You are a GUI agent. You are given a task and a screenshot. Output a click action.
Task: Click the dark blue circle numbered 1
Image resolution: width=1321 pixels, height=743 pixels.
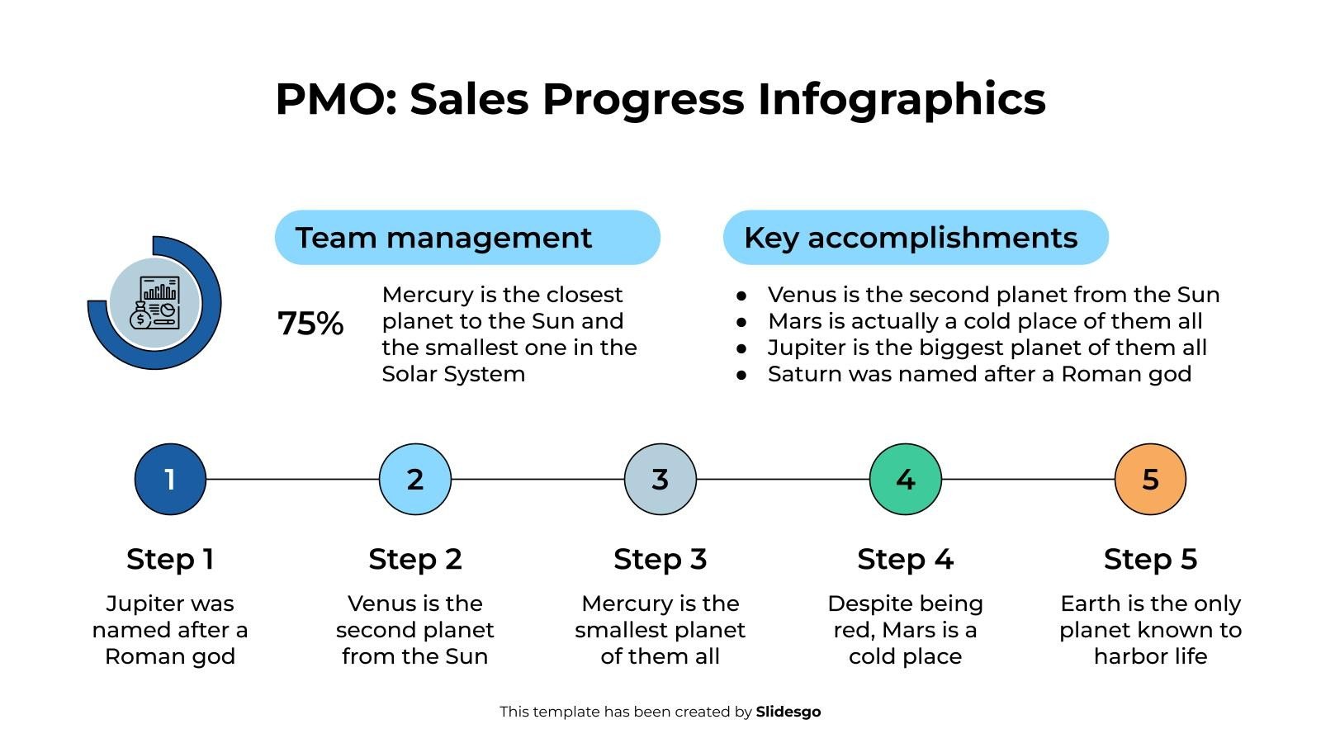170,479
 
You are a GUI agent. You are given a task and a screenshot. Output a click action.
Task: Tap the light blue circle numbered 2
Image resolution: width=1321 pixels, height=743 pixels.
415,479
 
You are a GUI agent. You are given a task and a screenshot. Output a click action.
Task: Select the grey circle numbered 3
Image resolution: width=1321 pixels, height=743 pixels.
660,479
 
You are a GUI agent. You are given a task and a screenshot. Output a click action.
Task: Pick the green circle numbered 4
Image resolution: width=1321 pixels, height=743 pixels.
906,479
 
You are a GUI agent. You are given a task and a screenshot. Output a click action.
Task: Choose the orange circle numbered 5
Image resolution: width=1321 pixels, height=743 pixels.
1150,479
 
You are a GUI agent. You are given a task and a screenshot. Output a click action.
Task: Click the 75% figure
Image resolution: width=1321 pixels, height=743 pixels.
310,324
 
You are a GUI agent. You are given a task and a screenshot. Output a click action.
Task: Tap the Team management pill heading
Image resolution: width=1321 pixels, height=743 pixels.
467,238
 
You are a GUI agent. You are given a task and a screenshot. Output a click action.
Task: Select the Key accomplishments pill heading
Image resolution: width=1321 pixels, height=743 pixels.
916,238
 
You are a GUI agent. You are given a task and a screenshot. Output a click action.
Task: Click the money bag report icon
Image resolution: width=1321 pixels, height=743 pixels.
154,303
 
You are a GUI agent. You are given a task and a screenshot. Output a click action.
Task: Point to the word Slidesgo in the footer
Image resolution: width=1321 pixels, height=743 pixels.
788,712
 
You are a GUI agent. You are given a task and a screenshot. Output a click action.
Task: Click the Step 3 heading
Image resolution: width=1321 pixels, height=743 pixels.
660,559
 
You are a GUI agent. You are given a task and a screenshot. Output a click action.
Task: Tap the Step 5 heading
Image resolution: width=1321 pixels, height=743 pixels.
1150,559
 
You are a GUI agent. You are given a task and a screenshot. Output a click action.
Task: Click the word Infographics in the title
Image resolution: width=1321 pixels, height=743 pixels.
902,99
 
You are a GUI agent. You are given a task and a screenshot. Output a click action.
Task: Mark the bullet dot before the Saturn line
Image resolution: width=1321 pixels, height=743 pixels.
741,375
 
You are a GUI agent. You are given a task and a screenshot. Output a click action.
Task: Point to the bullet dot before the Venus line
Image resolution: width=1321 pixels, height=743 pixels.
741,296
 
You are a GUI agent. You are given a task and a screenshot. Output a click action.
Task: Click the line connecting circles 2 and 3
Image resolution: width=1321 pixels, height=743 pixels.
537,479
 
